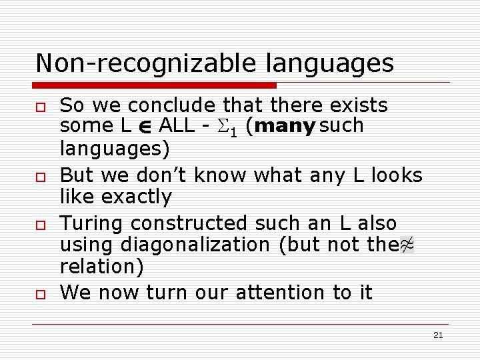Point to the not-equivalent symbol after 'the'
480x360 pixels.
coord(407,245)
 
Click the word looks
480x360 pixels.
coord(397,175)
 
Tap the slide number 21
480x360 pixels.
coord(437,335)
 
